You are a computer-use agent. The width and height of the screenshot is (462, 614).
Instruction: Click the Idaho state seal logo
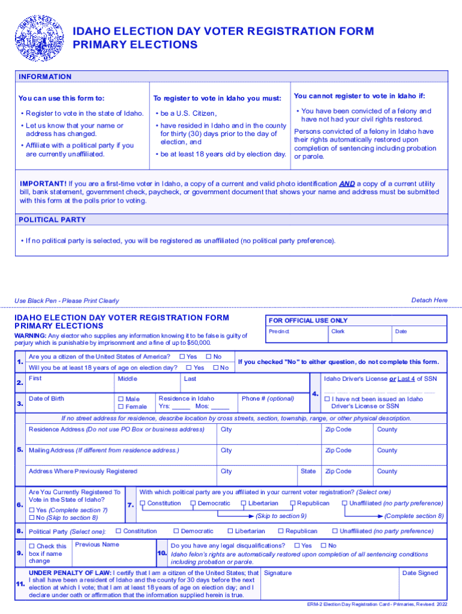click(37, 38)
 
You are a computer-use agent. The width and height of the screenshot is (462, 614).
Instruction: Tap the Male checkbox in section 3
click(121, 399)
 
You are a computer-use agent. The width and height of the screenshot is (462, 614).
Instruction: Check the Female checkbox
click(121, 407)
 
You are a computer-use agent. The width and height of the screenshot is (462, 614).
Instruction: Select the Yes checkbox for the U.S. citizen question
click(182, 357)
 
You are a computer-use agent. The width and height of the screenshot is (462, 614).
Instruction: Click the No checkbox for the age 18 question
click(215, 368)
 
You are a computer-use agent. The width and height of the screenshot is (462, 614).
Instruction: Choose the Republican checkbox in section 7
click(293, 504)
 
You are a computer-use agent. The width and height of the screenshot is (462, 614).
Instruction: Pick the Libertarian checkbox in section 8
click(230, 531)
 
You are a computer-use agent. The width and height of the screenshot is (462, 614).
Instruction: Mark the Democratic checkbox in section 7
click(193, 504)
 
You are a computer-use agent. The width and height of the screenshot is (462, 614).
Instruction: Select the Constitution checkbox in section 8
click(118, 531)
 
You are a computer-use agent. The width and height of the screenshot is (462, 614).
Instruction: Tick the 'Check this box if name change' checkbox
click(32, 546)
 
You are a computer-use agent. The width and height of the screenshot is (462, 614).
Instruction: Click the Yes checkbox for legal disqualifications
click(297, 546)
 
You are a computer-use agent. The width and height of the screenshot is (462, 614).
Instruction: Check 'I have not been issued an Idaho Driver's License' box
click(327, 399)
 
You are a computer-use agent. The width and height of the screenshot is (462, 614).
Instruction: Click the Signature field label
click(278, 573)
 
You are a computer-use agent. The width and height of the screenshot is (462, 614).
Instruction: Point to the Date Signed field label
click(420, 573)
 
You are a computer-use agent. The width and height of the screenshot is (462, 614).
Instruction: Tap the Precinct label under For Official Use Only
click(279, 332)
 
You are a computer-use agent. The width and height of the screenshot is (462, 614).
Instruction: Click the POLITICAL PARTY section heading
click(52, 220)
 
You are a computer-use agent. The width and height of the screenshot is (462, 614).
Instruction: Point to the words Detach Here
click(429, 300)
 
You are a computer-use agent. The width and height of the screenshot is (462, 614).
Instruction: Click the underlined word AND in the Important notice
click(347, 184)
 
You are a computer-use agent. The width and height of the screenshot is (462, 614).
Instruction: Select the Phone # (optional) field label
click(268, 399)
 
